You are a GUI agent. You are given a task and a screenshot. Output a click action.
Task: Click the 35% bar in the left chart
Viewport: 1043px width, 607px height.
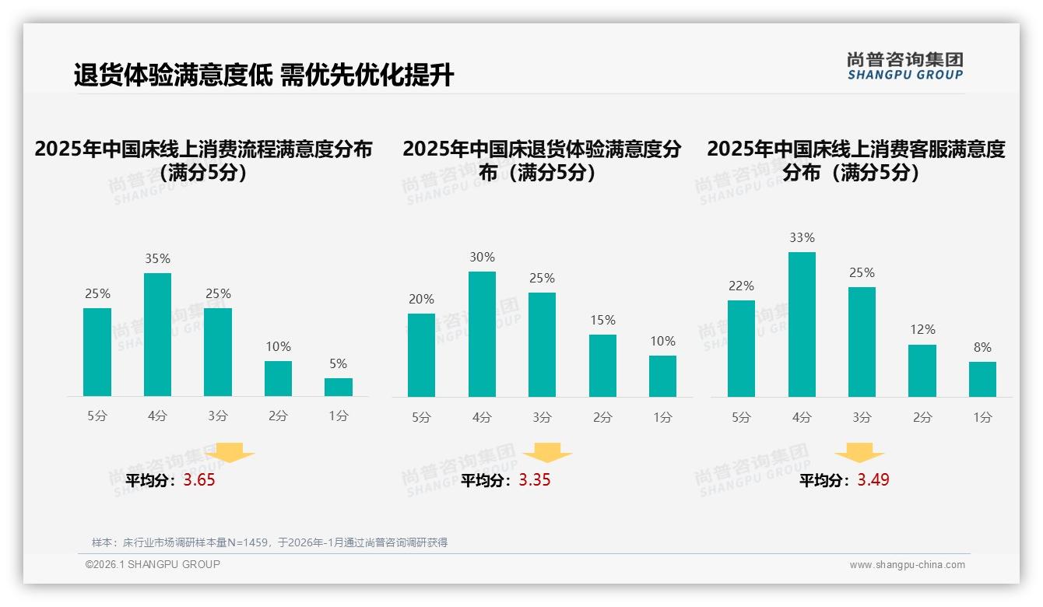[157, 335]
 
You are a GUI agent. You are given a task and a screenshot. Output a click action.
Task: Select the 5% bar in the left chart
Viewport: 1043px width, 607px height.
[339, 387]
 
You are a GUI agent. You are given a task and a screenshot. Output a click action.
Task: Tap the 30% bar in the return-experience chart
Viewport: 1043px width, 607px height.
[482, 334]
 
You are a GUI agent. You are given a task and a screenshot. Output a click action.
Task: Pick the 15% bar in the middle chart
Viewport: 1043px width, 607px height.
[602, 366]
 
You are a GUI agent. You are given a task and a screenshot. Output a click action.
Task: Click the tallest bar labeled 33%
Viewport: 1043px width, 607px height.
[802, 325]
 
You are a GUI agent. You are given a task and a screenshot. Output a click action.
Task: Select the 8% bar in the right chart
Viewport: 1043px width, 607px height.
[982, 379]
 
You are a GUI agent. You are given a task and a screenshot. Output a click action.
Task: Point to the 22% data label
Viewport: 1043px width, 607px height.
[741, 286]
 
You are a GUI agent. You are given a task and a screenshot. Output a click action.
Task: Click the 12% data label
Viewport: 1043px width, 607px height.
[922, 330]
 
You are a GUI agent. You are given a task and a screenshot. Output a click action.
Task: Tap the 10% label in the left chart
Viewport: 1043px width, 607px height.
[278, 346]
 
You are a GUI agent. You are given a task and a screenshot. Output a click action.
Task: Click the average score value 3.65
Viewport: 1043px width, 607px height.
[199, 480]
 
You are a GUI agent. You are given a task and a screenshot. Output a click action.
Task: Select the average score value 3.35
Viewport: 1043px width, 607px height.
[535, 480]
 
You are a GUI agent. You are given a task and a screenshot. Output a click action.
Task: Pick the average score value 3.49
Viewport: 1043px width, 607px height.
[873, 480]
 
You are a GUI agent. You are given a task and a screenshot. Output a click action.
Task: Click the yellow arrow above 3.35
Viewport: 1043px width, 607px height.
[547, 453]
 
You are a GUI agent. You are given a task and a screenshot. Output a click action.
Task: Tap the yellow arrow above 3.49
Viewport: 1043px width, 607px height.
[859, 453]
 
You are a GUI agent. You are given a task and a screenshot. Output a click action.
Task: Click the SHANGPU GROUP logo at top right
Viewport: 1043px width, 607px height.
[904, 66]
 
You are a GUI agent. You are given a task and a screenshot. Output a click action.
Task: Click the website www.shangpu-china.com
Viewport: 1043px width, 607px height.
[907, 565]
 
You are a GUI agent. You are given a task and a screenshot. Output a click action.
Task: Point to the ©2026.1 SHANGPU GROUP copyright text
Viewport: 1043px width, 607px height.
[153, 564]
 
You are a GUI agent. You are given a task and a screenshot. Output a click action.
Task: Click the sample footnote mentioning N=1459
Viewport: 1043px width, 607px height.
[269, 542]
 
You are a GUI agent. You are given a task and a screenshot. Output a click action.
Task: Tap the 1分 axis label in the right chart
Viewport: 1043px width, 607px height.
[982, 417]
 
